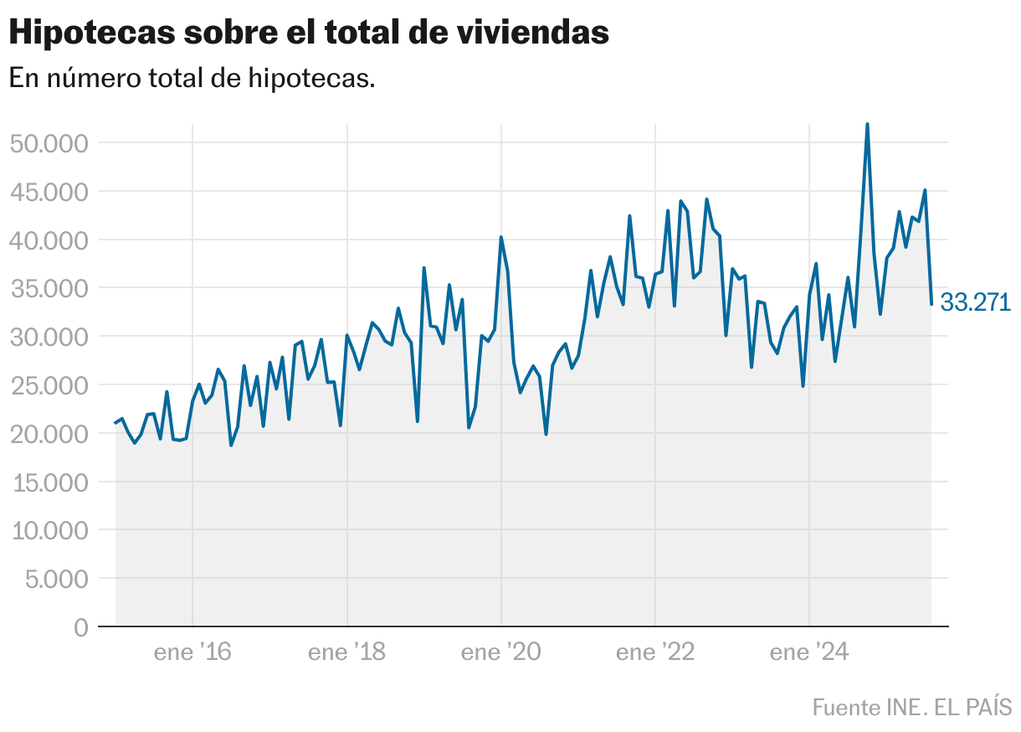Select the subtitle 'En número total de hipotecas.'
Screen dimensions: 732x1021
[x=192, y=79]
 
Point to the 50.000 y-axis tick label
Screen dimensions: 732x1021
[x=49, y=143]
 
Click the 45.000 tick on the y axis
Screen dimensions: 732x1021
[x=49, y=192]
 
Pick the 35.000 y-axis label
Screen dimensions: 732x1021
[x=49, y=289]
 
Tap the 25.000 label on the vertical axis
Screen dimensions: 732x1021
[x=49, y=385]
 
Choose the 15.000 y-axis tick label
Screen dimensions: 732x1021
[x=49, y=482]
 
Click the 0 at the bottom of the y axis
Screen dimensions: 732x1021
[x=80, y=627]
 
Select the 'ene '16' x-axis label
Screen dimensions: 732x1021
[x=192, y=652]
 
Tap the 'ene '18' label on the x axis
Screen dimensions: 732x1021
[x=346, y=652]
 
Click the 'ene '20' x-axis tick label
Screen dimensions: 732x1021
[x=500, y=652]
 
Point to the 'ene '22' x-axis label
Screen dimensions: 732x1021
[x=655, y=652]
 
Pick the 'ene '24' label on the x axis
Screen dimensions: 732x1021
[x=809, y=652]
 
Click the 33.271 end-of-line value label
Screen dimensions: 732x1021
[x=976, y=302]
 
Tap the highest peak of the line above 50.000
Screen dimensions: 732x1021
[x=867, y=125]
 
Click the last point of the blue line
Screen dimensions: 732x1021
[x=931, y=304]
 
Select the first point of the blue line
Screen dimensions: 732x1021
[x=115, y=423]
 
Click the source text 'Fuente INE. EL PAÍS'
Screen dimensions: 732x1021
[x=912, y=707]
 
